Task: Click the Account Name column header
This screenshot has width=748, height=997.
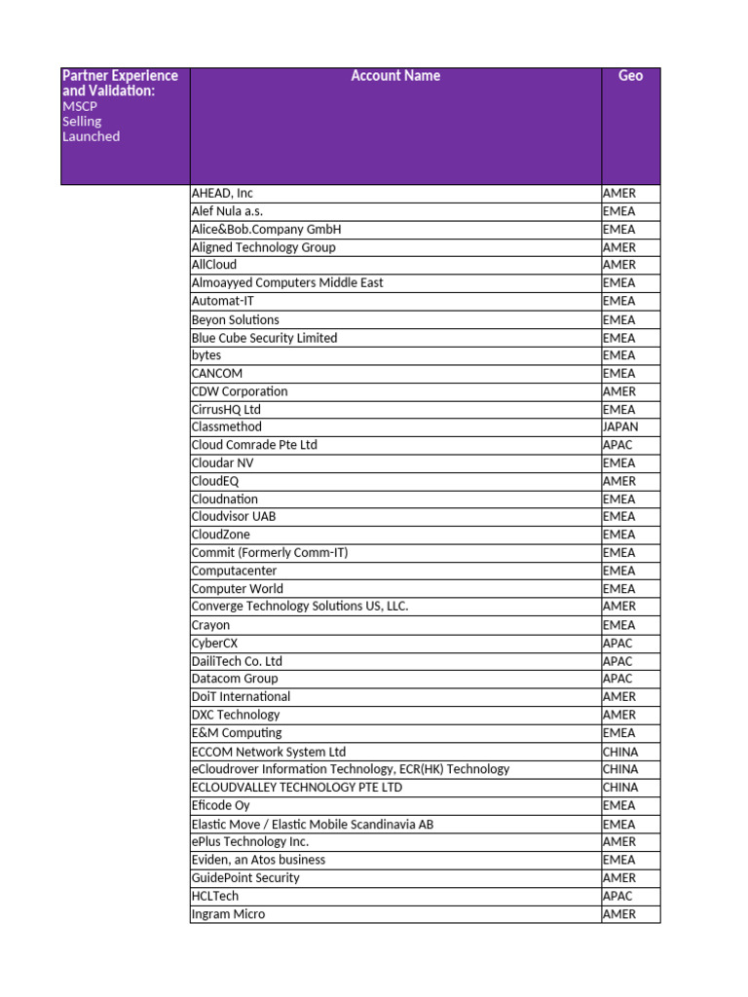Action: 395,76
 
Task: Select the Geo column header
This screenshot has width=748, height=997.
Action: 630,76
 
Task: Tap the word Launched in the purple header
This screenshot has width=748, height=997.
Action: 91,136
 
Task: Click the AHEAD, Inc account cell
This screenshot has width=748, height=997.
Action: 222,194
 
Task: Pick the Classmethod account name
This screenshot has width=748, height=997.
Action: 227,426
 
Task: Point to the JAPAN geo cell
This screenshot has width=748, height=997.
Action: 620,426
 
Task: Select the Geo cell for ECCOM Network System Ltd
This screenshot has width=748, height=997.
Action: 620,752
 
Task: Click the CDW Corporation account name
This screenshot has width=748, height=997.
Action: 240,391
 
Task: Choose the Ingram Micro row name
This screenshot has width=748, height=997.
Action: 228,914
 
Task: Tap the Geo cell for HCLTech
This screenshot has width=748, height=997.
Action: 617,896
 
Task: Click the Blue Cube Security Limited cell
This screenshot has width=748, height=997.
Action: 264,338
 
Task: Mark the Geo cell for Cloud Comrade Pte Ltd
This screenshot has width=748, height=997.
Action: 617,445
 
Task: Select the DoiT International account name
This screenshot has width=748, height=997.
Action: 241,696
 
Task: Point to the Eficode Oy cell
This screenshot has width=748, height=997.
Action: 220,805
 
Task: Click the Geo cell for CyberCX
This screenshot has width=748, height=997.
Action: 617,644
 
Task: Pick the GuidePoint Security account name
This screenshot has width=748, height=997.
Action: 245,877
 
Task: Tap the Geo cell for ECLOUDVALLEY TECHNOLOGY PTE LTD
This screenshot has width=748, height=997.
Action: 620,787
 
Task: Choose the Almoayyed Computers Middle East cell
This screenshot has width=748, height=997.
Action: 287,282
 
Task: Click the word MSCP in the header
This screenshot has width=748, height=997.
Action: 80,106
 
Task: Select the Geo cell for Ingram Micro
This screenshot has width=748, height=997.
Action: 618,914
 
